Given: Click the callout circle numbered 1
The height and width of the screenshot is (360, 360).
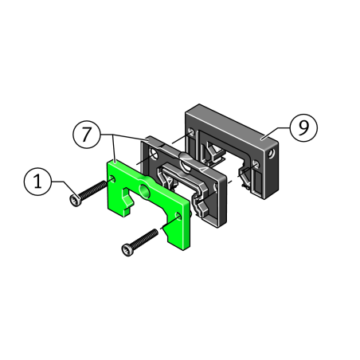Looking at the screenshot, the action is pyautogui.click(x=37, y=182).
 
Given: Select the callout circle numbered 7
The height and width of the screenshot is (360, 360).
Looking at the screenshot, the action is pyautogui.click(x=87, y=135).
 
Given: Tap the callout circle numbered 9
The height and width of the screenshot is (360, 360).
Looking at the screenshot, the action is pyautogui.click(x=303, y=127).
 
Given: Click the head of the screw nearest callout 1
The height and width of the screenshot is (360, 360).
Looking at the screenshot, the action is pyautogui.click(x=75, y=200).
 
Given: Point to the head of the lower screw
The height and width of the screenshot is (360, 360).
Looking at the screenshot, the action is pyautogui.click(x=127, y=249).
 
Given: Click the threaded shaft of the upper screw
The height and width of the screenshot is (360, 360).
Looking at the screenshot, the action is pyautogui.click(x=93, y=190).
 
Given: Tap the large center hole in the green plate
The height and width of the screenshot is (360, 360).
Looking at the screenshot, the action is pyautogui.click(x=145, y=191).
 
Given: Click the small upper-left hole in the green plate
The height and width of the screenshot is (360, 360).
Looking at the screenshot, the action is pyautogui.click(x=112, y=178).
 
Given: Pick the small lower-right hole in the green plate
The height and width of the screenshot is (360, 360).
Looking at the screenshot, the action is pyautogui.click(x=178, y=216).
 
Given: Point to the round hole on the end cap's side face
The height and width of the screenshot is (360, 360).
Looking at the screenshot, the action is pyautogui.click(x=271, y=154).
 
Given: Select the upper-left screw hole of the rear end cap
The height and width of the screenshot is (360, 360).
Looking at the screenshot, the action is pyautogui.click(x=191, y=131).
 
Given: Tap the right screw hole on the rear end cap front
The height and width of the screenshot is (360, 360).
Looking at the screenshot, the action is pyautogui.click(x=256, y=163).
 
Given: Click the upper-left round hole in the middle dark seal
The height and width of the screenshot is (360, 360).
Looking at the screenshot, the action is pyautogui.click(x=154, y=154).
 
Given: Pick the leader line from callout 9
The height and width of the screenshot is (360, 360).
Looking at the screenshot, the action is pyautogui.click(x=275, y=133).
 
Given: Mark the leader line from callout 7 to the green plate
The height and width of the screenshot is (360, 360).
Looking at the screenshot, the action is pyautogui.click(x=113, y=147).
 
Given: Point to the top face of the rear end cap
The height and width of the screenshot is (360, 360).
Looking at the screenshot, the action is pyautogui.click(x=232, y=125).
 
